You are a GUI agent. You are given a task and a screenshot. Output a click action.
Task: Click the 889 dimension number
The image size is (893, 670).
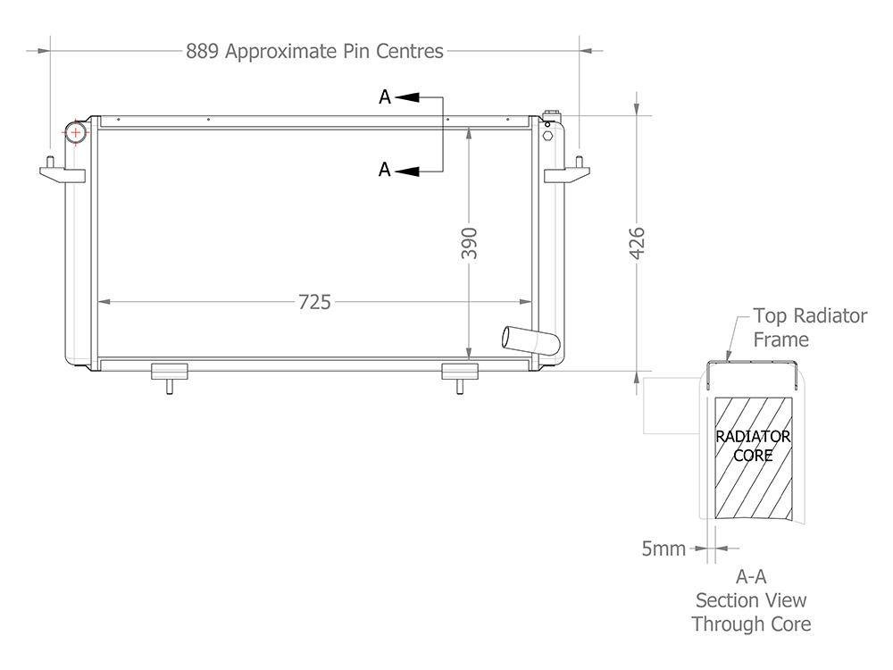coord(202,51)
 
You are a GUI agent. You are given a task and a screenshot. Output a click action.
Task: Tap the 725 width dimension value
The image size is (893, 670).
coord(314,302)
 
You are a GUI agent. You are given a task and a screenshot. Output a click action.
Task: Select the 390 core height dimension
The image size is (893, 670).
coord(469,243)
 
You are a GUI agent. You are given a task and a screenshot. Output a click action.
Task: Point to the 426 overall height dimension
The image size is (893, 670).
coord(637,243)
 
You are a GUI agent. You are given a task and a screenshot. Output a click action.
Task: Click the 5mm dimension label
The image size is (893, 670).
coord(663,549)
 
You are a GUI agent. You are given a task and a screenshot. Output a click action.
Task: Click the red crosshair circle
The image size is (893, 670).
coord(75,132)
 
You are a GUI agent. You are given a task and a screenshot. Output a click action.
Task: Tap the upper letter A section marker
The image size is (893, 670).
coord(385,97)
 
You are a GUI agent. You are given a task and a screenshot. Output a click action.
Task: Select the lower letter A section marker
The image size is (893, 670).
coord(385,170)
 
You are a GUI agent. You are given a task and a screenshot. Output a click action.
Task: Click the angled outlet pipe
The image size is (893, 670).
coord(530,340)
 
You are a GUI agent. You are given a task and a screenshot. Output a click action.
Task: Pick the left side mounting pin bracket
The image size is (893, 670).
coord(63,171)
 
